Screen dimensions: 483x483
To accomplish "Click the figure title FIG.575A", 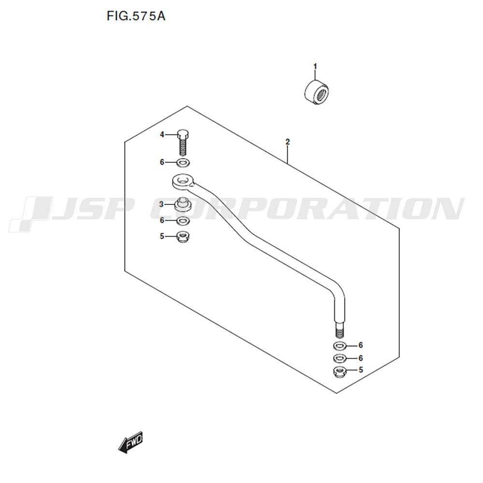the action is pos(136,16).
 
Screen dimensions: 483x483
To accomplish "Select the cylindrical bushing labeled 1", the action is pos(316,92).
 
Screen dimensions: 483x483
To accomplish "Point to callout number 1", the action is pos(315,66).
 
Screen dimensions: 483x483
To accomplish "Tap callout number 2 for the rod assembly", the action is pos(287,142).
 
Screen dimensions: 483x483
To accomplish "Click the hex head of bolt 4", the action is pos(183,134).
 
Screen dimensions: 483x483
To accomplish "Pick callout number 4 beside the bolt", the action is pos(162,135).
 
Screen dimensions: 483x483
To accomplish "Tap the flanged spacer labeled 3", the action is pos(183,204).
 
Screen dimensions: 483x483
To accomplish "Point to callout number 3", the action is pos(161,204).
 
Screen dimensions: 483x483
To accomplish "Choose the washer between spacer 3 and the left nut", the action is pos(183,221).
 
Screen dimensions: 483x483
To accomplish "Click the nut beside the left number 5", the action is pos(183,237).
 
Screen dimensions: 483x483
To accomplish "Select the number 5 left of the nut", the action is pos(162,236).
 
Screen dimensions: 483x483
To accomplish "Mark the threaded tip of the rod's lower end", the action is pos(340,333).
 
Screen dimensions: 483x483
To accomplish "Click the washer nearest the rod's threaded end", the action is pos(340,346).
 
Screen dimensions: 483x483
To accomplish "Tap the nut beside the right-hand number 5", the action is pos(340,372).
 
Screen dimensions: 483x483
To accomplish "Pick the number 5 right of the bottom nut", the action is pos(361,369).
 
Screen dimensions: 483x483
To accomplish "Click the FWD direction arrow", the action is pos(130,442).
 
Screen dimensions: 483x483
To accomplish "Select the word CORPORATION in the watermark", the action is pos(307,209).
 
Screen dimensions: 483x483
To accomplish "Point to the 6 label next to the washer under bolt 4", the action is pos(162,162).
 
